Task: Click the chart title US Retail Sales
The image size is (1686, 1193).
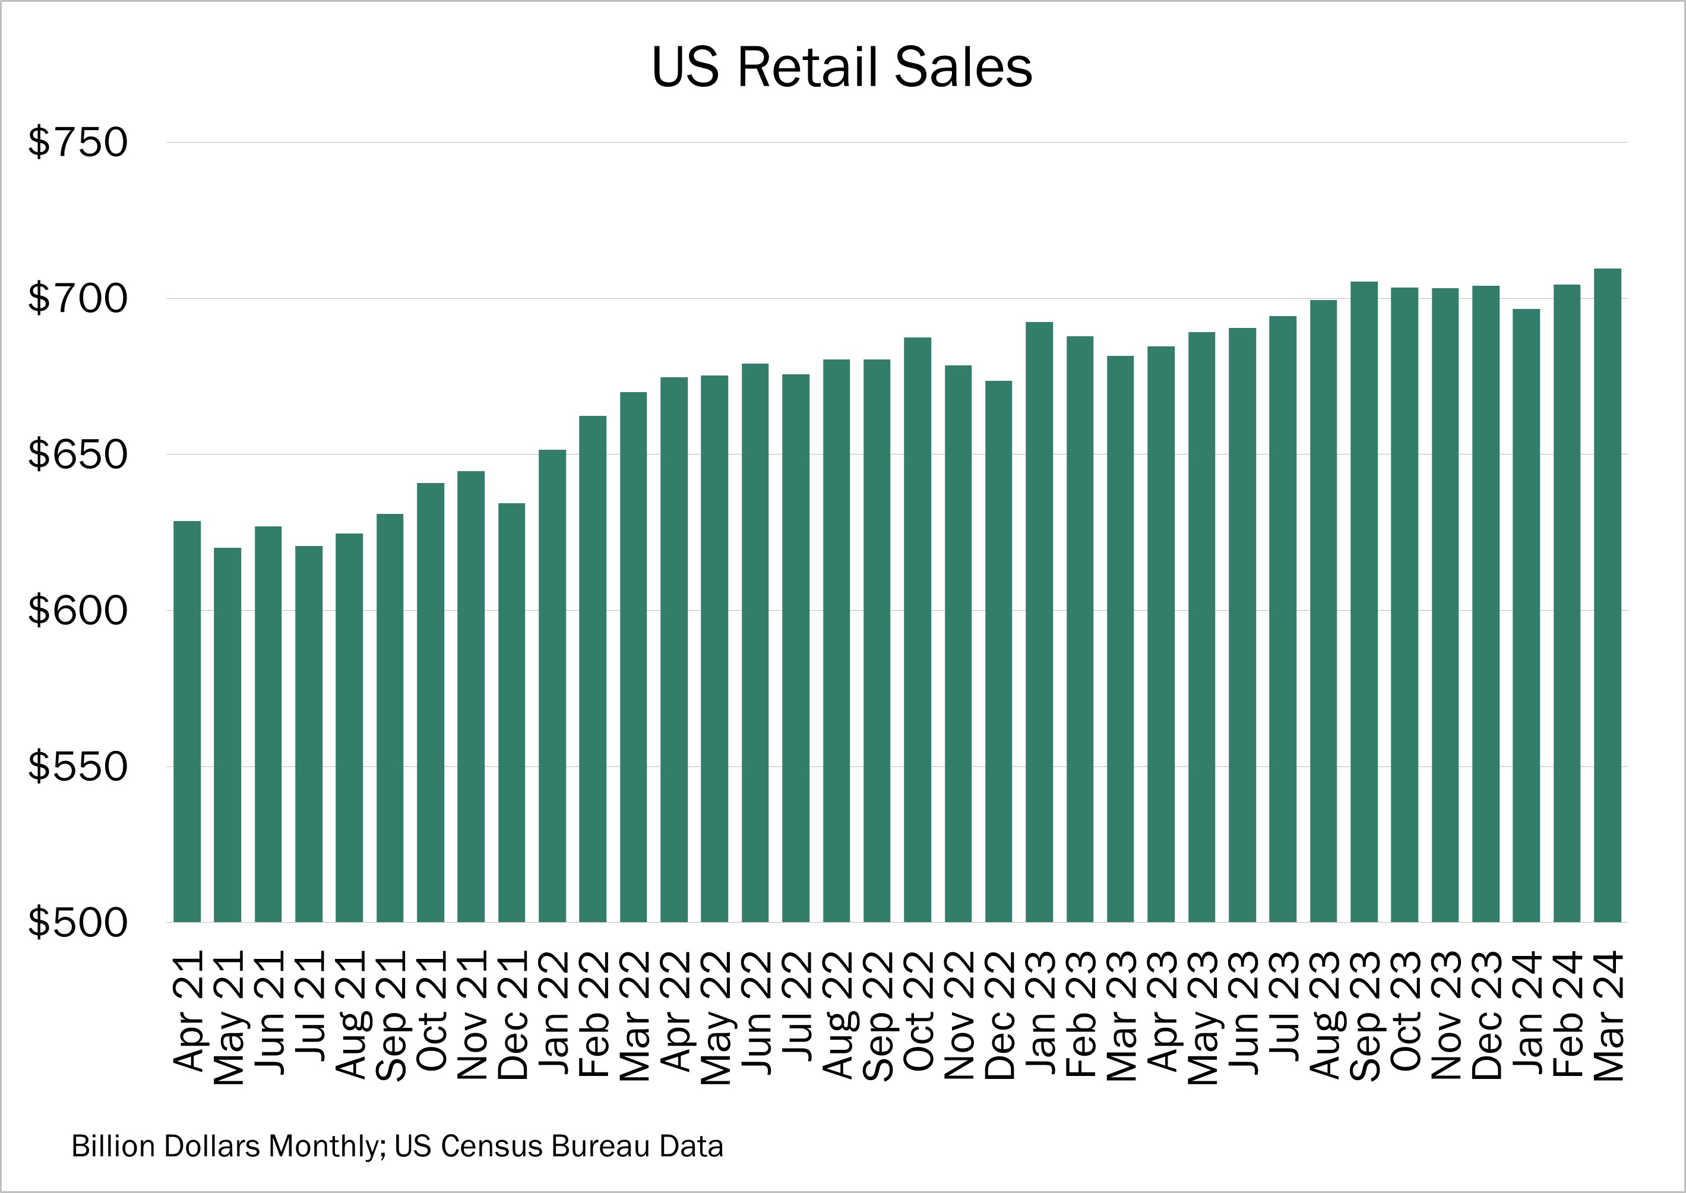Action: click(842, 68)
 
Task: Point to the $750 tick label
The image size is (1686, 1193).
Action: click(78, 143)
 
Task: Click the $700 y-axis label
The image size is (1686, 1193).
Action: click(78, 298)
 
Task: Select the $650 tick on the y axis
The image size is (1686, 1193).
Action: click(78, 454)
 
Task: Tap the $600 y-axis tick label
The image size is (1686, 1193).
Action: click(78, 610)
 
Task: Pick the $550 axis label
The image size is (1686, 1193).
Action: click(78, 766)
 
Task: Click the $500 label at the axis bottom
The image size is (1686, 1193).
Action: click(78, 923)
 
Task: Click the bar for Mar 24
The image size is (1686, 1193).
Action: click(1608, 595)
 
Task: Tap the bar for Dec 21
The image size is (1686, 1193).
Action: click(512, 712)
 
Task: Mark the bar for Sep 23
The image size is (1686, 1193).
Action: click(1364, 602)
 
